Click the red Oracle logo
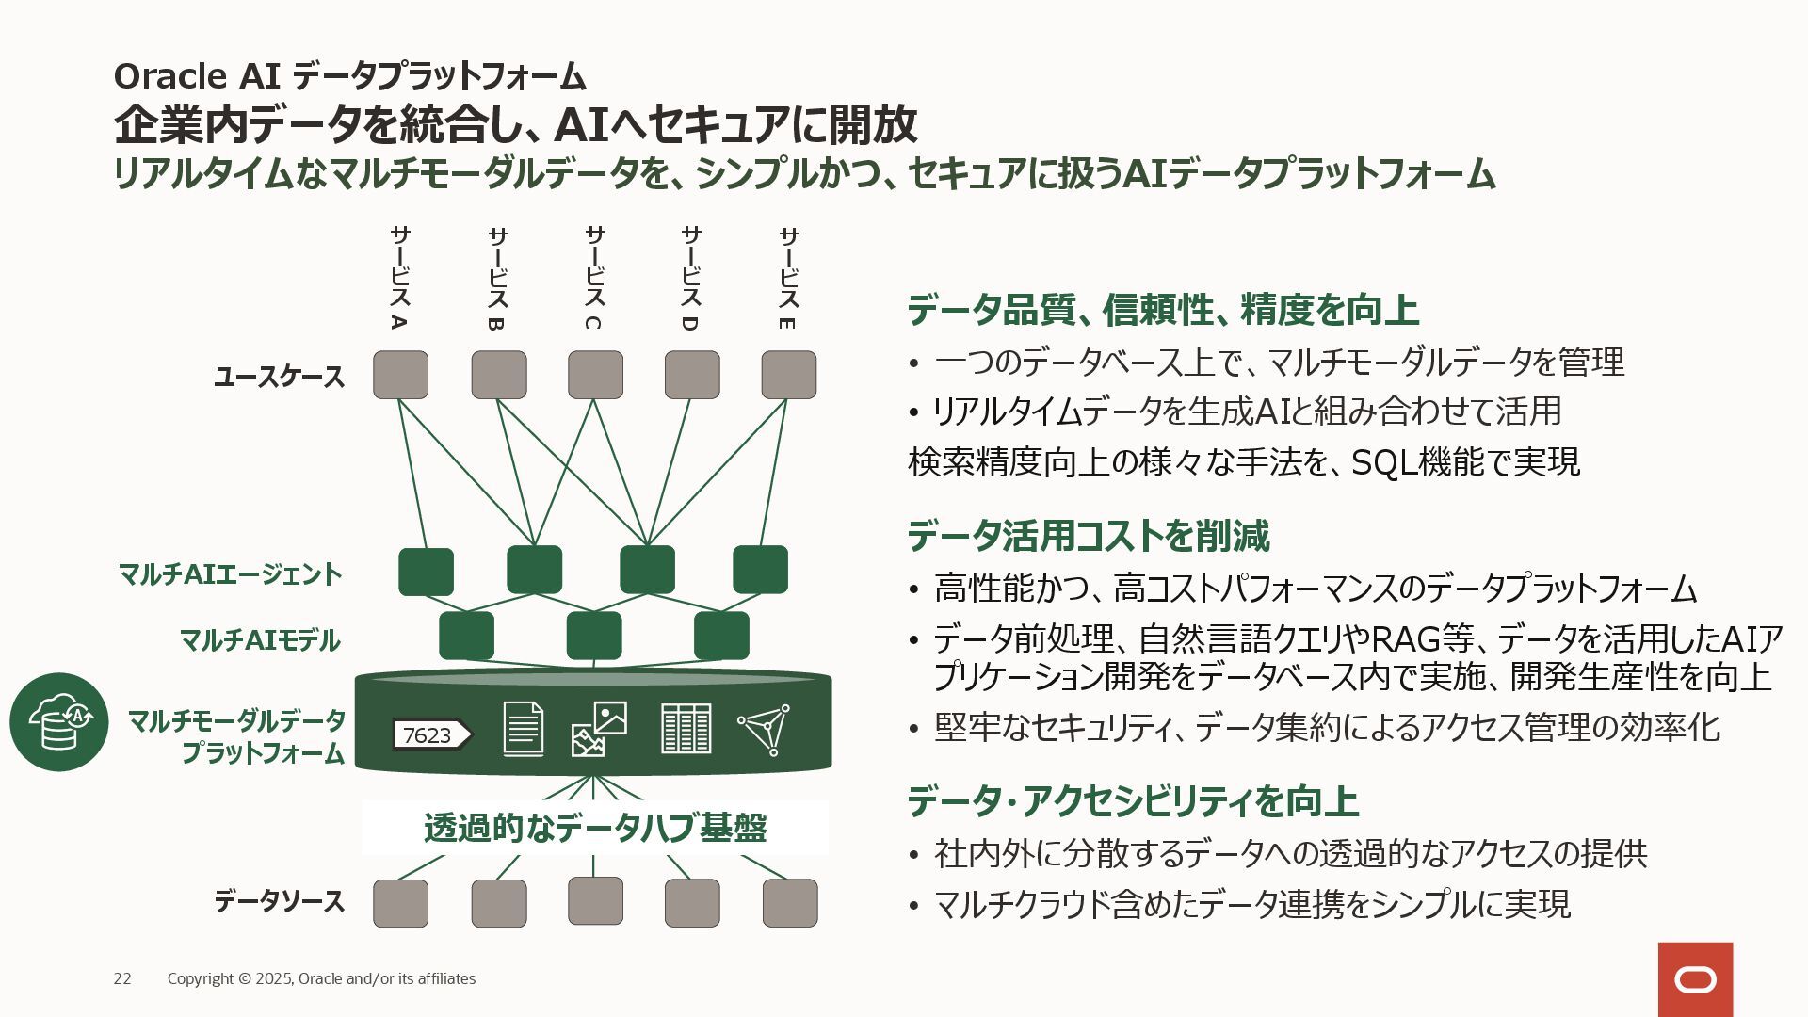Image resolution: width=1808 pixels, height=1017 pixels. pos(1695,979)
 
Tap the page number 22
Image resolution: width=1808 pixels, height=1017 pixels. pos(122,979)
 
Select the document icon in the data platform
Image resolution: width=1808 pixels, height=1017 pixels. pos(523,728)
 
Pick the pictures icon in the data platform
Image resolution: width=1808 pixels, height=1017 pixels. pos(600,729)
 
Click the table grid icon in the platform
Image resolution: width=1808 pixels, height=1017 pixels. pos(686,728)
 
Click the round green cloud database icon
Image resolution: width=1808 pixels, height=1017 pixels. pos(59,722)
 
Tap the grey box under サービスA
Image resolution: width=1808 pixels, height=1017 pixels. pos(400,375)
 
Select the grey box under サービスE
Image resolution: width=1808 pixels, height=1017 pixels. pos(788,375)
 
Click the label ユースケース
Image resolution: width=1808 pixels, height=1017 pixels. pos(279,377)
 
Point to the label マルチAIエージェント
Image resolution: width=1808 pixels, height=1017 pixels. pos(230,573)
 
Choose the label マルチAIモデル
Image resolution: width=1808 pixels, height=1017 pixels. pos(260,640)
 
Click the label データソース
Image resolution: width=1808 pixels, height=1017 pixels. pos(279,901)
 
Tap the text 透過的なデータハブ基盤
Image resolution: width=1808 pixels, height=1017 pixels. pos(595,828)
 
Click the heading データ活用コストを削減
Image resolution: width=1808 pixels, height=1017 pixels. pos(1088,536)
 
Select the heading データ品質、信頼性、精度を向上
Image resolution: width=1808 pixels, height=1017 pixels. pos(1163,310)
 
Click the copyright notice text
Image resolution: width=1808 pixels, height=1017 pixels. pos(321,979)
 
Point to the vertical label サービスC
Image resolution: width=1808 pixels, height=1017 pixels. pos(593,278)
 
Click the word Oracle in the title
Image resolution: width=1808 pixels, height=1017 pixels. pos(169,76)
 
